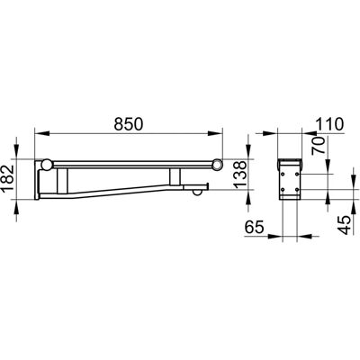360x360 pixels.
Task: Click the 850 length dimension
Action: (129, 124)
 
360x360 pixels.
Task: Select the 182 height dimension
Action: (7, 179)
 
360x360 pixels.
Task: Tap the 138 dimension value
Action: (240, 175)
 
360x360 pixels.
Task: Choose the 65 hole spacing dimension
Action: (254, 227)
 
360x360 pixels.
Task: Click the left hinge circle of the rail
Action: (47, 165)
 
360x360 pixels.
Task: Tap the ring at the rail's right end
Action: (218, 165)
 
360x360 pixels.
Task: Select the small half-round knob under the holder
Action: (197, 193)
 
